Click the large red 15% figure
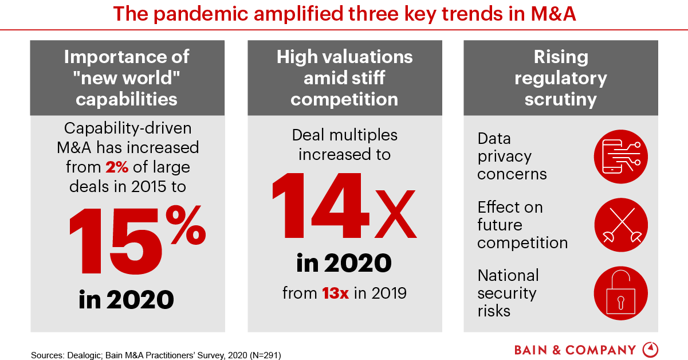click(136, 233)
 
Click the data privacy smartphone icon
click(620, 156)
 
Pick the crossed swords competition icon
click(620, 225)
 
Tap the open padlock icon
click(620, 293)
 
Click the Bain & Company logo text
click(575, 350)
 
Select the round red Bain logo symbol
click(651, 350)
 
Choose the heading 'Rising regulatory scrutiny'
click(560, 78)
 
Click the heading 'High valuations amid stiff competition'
click(344, 78)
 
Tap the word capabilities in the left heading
click(127, 99)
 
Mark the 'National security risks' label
click(508, 293)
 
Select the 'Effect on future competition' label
click(522, 225)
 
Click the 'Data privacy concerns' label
click(512, 156)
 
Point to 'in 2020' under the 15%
click(127, 299)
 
